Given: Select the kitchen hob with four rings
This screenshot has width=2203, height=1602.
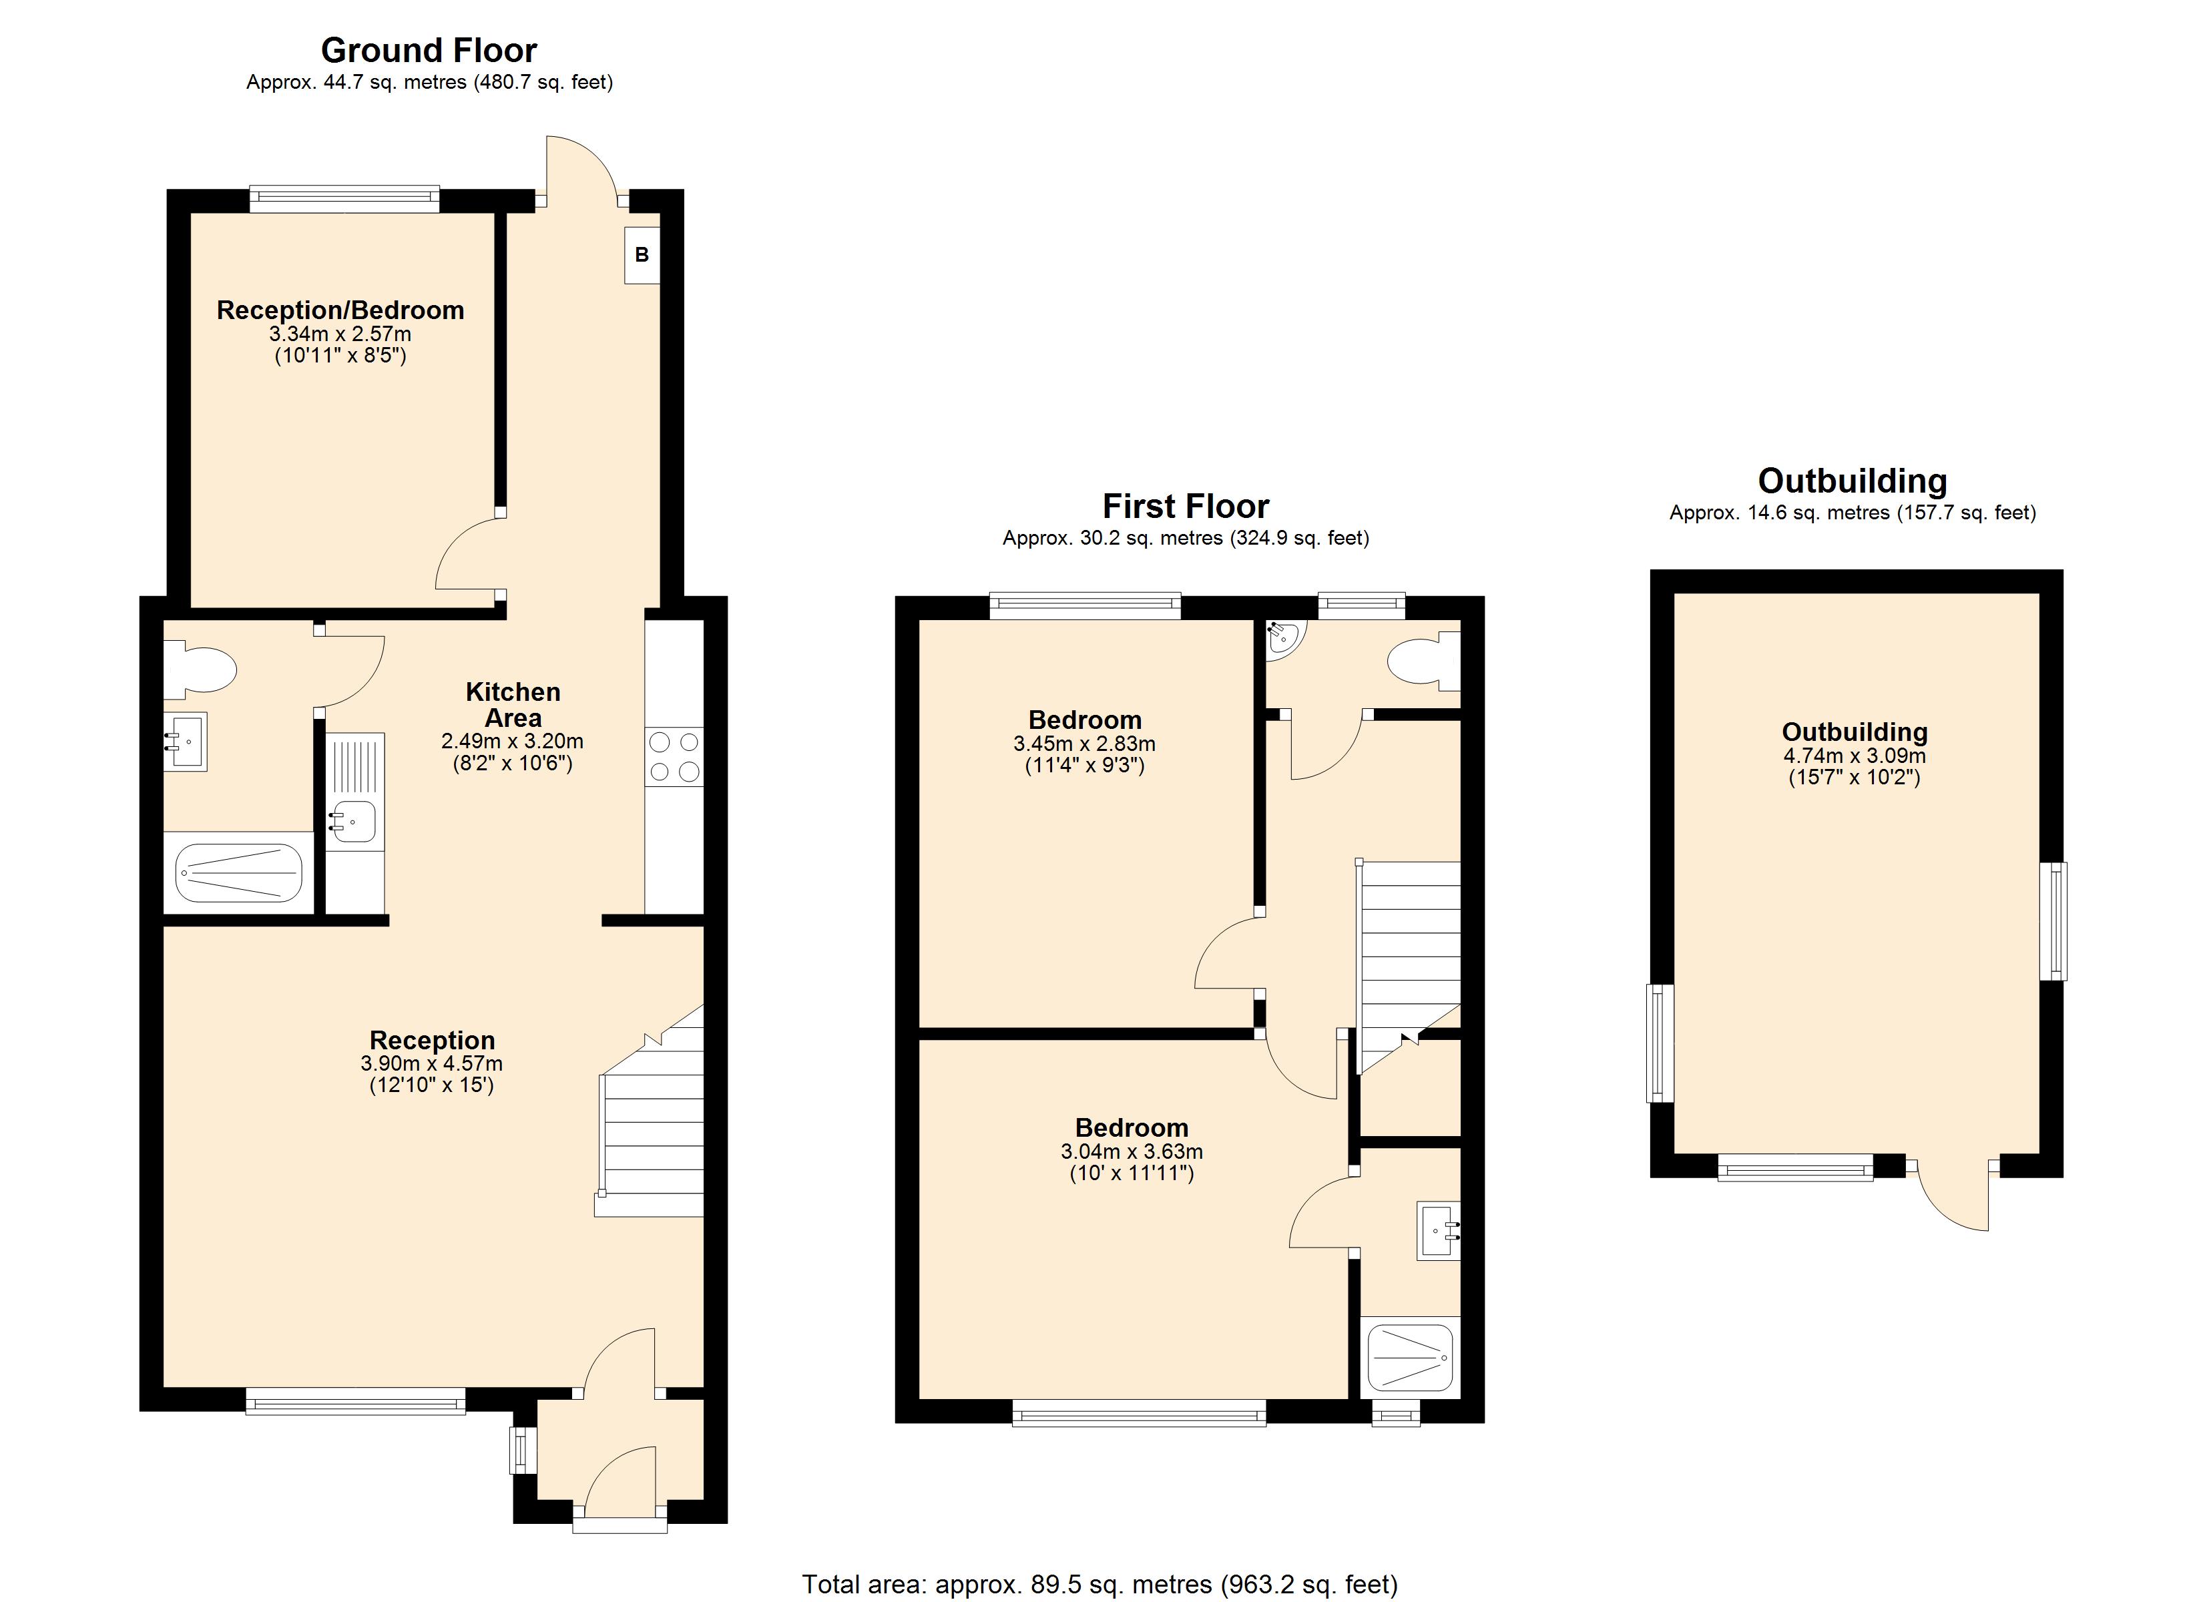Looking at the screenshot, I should pos(674,757).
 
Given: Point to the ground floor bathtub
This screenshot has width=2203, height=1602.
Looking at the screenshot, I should pos(239,872).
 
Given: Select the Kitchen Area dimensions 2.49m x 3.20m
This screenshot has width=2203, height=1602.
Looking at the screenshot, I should pos(512,741).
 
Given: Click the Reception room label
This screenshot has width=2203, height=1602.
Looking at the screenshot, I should pos(431,1041).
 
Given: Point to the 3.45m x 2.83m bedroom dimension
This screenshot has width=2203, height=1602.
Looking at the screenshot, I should pos(1084,744).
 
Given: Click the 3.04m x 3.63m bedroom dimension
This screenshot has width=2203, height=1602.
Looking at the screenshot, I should pos(1132,1152).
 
